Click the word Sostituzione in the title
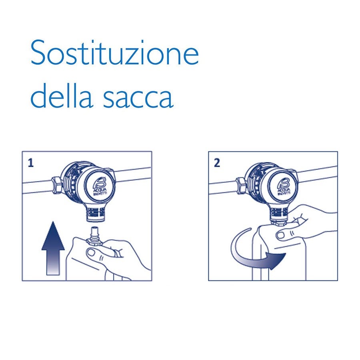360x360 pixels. pyautogui.click(x=114, y=53)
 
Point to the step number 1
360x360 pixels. pyautogui.click(x=30, y=163)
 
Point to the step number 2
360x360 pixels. pyautogui.click(x=217, y=163)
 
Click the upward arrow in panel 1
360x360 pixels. pyautogui.click(x=53, y=250)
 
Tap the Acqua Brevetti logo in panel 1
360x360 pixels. pyautogui.click(x=97, y=184)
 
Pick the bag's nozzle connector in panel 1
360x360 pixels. pyautogui.click(x=96, y=234)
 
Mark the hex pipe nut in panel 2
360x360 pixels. pyautogui.click(x=241, y=185)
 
